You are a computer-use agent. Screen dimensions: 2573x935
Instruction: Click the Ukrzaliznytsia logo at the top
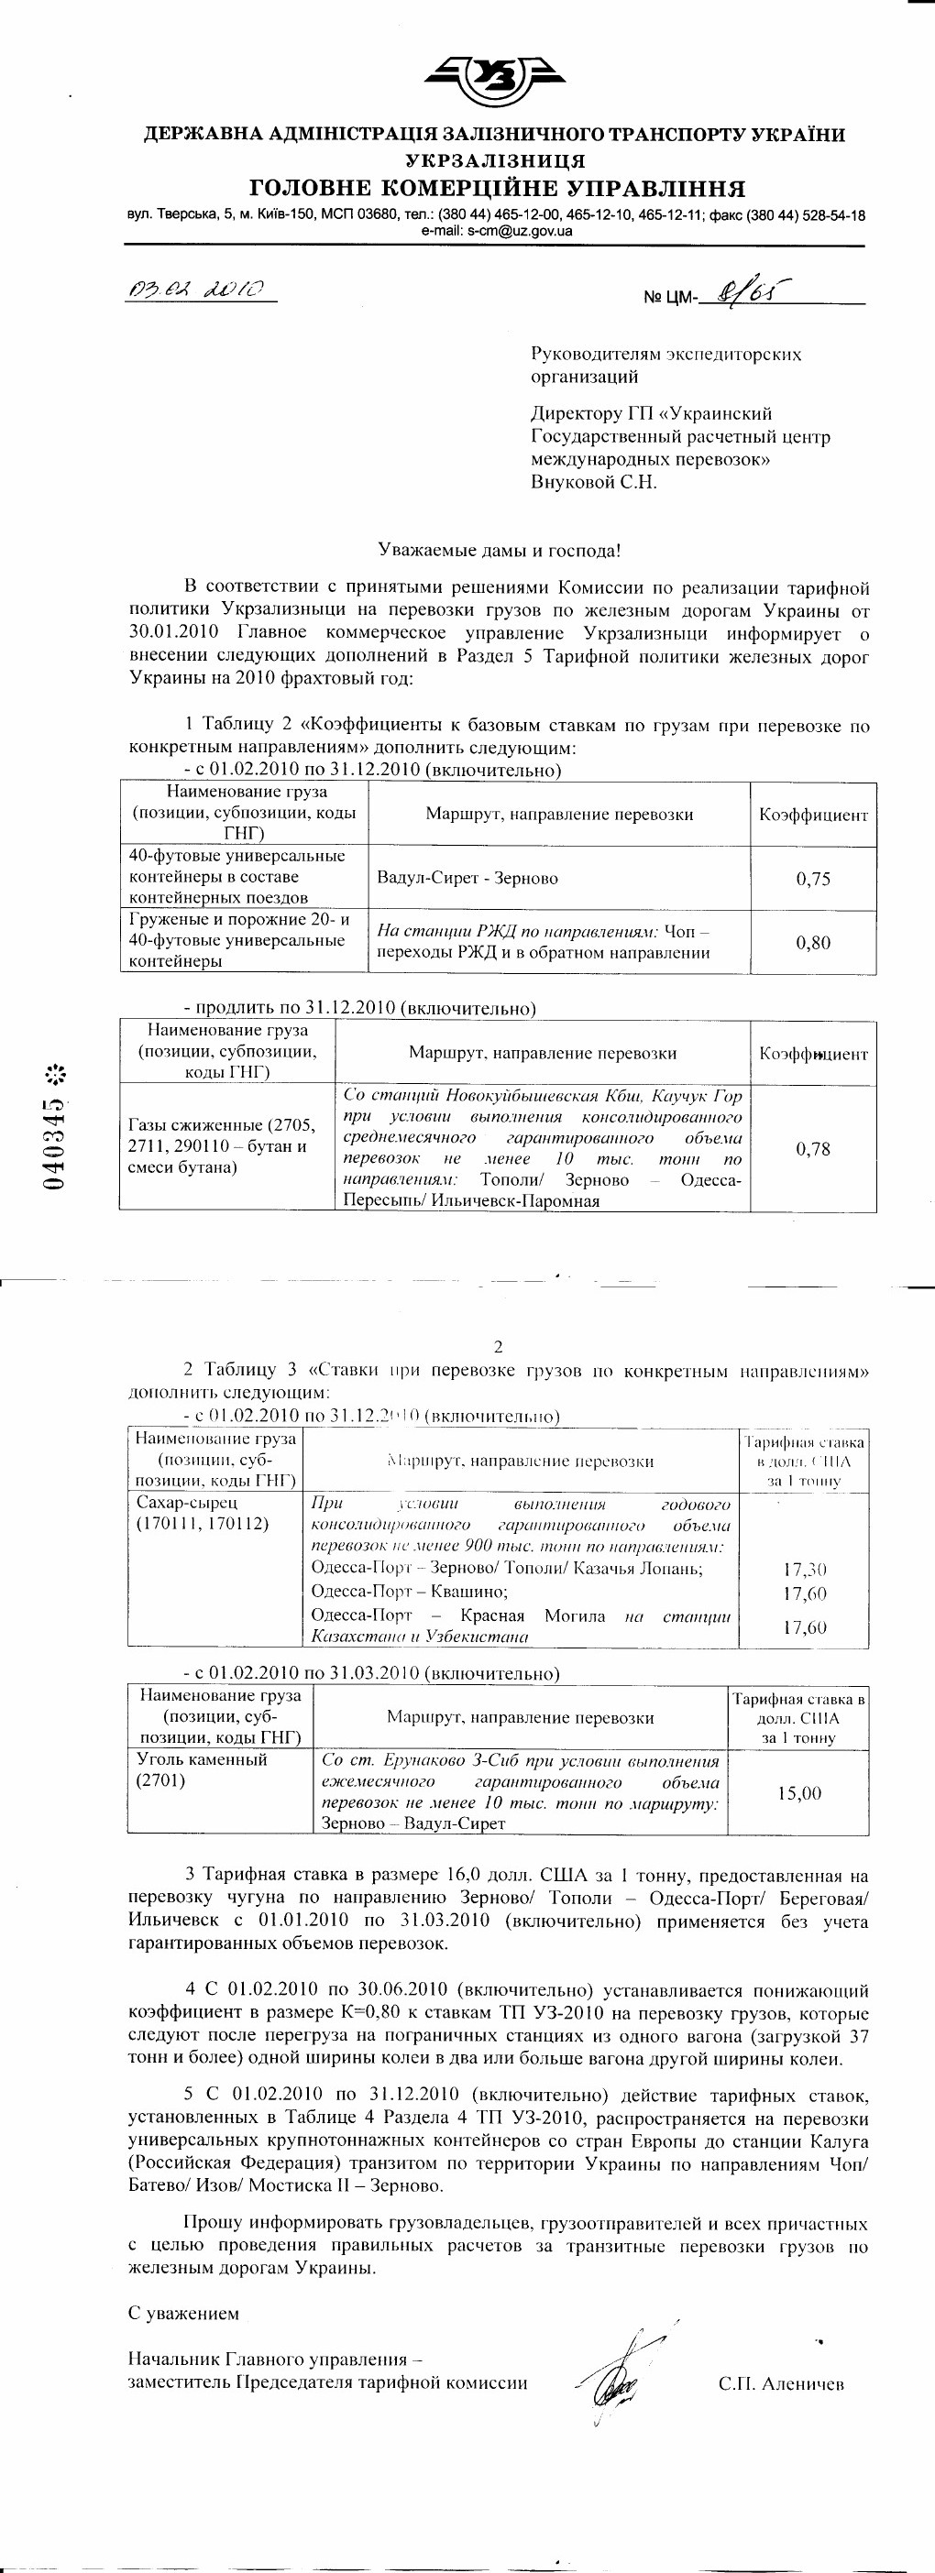(494, 77)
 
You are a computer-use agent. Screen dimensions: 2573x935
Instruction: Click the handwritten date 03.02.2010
(197, 290)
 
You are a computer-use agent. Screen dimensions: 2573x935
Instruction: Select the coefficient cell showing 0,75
(813, 879)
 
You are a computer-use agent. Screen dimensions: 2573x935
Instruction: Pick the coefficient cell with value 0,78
(813, 1149)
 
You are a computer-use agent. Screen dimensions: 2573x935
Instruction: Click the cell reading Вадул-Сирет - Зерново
(467, 878)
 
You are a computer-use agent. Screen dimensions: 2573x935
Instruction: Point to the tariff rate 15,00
(799, 1793)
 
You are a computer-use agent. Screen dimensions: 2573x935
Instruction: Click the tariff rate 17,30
(804, 1569)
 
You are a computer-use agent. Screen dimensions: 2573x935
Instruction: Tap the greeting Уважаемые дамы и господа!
(499, 550)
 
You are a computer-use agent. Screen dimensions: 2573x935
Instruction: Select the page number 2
(499, 1346)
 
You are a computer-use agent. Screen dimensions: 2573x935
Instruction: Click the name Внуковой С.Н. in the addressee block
(593, 482)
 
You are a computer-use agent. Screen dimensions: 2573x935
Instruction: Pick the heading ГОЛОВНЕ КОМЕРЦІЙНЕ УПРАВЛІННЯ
(497, 189)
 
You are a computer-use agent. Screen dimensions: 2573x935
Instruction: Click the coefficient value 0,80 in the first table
(813, 942)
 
